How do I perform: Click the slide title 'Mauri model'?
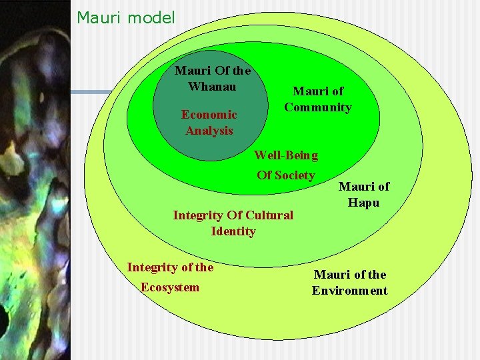(126, 17)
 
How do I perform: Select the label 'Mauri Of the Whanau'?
(212, 78)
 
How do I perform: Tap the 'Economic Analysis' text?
(209, 122)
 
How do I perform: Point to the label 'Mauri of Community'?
(318, 99)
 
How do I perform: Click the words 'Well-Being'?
(286, 155)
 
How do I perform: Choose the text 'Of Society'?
(286, 175)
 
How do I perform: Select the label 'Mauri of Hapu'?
(363, 194)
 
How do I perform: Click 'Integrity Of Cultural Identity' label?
(233, 223)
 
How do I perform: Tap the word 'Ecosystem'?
(170, 287)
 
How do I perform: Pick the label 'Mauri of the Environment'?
(350, 282)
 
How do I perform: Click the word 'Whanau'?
(212, 86)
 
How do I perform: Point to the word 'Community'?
(318, 107)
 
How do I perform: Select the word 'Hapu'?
(363, 203)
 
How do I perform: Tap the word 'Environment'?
(350, 291)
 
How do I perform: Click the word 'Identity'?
(233, 231)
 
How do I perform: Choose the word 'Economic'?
(209, 114)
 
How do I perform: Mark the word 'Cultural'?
(269, 215)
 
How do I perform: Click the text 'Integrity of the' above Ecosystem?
(170, 267)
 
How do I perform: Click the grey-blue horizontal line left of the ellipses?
(100, 92)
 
